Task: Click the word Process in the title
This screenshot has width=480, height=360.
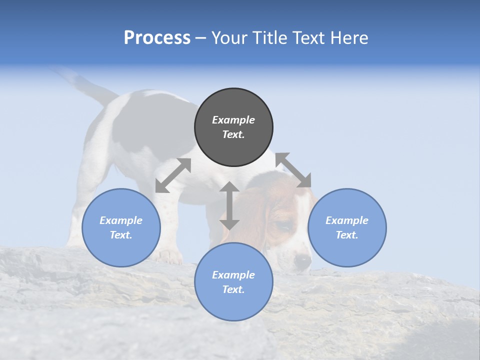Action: pos(157,38)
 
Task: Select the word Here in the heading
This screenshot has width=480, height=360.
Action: pos(348,38)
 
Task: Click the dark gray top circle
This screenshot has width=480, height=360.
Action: pos(233,127)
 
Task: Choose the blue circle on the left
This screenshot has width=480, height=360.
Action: pos(121,227)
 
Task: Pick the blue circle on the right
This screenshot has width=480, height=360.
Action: pos(347,227)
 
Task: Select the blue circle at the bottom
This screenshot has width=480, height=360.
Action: pos(233,282)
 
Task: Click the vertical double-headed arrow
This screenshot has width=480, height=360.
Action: pos(229,205)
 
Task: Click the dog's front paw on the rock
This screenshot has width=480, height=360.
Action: pos(168,256)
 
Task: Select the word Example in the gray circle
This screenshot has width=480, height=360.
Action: pos(233,120)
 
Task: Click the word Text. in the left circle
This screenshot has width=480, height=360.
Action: pos(121,235)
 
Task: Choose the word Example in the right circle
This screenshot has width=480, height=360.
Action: pos(347,220)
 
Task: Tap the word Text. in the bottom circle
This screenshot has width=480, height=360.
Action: pos(233,289)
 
